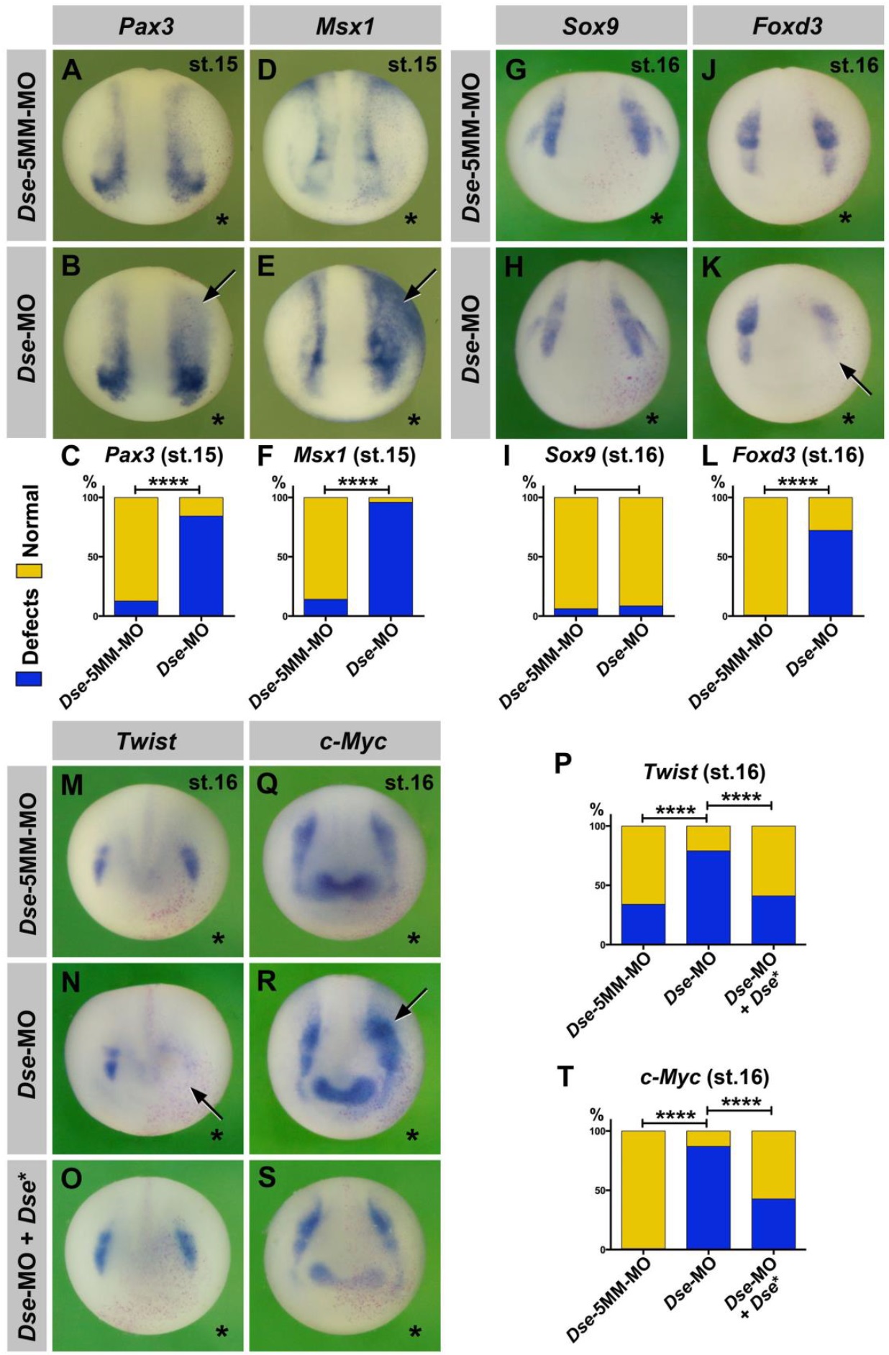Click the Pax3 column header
pos(147,27)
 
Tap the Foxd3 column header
pos(788,27)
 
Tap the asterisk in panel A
pos(222,219)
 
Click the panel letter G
pos(516,70)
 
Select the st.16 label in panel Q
pos(409,783)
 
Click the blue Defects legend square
pos(28,677)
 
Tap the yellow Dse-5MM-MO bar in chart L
pos(765,556)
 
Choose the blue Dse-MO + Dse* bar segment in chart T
pos(773,1223)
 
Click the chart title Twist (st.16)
pos(703,772)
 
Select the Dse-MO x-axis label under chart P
pos(689,978)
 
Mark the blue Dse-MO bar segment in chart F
pos(391,558)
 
